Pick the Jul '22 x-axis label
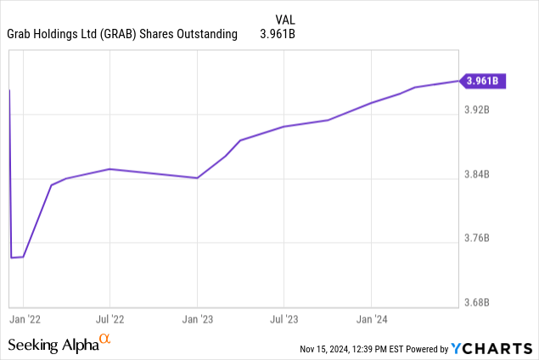[109, 319]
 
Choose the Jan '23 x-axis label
[197, 319]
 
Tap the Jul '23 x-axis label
[284, 319]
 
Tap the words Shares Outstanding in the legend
[199, 34]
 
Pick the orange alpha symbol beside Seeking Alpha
[105, 340]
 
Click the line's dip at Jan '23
[197, 178]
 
